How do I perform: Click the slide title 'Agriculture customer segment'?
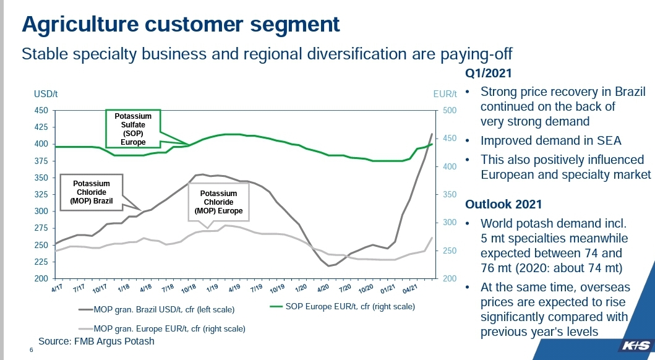181,24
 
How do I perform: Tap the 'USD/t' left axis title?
46,94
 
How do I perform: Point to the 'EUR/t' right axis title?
445,94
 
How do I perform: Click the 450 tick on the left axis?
41,111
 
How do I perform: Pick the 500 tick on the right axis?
449,111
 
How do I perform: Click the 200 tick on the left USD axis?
41,278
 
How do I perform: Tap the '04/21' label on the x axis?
408,289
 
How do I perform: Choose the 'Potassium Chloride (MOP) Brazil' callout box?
92,193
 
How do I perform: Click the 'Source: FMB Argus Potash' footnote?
96,341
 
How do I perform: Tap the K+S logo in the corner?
634,343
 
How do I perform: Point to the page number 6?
32,351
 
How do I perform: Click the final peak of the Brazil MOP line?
432,134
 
